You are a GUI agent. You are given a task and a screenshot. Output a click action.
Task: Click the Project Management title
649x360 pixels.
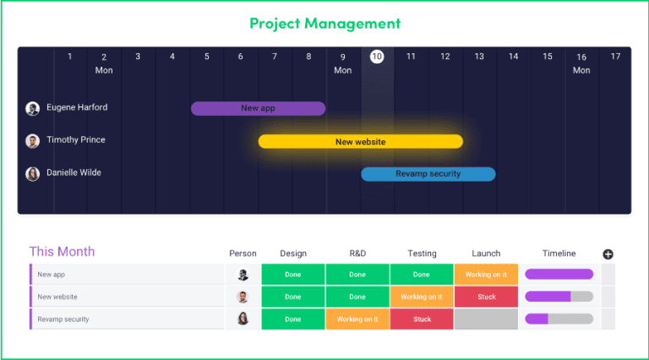click(x=324, y=23)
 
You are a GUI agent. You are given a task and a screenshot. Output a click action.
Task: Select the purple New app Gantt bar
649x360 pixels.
click(x=258, y=108)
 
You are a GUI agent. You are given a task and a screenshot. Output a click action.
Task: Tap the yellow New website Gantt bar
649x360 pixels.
click(x=360, y=141)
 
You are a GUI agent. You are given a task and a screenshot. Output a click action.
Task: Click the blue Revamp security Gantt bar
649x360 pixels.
click(x=428, y=174)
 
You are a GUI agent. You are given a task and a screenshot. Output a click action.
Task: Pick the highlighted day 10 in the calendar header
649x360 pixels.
click(x=377, y=57)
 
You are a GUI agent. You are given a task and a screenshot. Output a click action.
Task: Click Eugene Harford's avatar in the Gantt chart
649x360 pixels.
click(x=33, y=108)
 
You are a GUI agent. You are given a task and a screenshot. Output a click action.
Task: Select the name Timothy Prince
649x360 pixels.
click(x=76, y=140)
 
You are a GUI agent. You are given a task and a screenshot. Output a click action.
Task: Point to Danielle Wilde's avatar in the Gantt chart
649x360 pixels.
click(x=33, y=174)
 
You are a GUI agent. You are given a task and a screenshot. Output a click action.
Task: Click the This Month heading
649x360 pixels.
click(x=62, y=252)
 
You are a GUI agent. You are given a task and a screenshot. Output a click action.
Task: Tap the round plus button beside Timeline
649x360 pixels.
click(x=608, y=254)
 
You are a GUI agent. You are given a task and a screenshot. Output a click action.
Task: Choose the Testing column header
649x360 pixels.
click(x=422, y=254)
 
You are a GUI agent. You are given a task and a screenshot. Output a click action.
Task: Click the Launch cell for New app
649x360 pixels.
click(x=486, y=275)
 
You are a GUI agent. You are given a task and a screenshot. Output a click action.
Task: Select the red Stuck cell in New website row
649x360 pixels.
click(x=486, y=297)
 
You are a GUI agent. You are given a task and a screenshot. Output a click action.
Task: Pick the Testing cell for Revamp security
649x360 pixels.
click(x=422, y=319)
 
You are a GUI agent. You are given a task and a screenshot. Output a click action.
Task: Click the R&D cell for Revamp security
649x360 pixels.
click(x=357, y=319)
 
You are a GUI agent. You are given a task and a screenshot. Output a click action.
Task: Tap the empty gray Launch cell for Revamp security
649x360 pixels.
click(x=486, y=319)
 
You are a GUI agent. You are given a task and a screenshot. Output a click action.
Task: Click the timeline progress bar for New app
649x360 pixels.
click(x=559, y=275)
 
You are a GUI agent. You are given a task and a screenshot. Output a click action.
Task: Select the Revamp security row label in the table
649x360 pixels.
click(x=63, y=319)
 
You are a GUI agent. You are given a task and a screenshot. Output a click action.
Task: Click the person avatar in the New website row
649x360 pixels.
click(x=243, y=297)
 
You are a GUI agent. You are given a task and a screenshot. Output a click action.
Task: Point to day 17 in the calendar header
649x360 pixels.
click(x=615, y=57)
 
